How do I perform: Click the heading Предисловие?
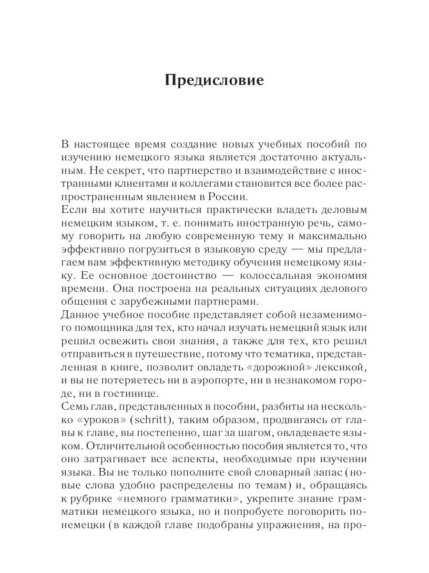[214, 80]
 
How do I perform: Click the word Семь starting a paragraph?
[76, 407]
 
